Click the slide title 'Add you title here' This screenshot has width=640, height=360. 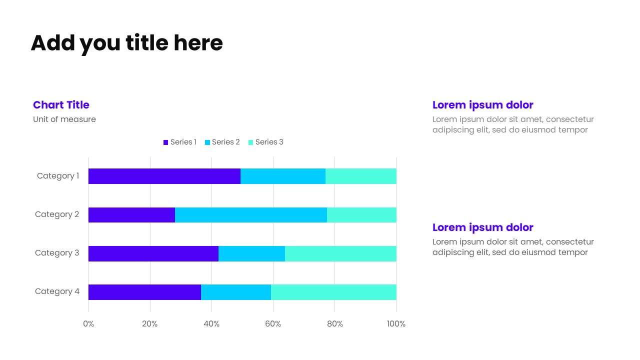click(x=126, y=43)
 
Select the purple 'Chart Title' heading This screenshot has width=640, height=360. click(x=61, y=105)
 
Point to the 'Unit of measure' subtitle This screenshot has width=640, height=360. click(x=64, y=119)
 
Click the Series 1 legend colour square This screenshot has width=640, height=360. click(x=166, y=142)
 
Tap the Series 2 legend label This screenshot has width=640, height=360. click(x=225, y=142)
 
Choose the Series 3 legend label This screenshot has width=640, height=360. click(x=269, y=142)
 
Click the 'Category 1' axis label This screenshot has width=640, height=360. click(x=58, y=176)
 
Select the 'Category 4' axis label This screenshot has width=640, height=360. click(x=57, y=291)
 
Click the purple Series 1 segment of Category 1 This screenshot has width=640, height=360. click(x=164, y=176)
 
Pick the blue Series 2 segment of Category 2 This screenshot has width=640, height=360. click(x=250, y=215)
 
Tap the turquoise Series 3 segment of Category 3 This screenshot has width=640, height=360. click(x=340, y=253)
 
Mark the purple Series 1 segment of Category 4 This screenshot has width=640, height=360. click(x=144, y=292)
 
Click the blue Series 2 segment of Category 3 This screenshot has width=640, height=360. click(x=251, y=253)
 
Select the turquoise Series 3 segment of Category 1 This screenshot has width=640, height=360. click(x=360, y=176)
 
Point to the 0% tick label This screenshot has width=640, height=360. click(x=88, y=324)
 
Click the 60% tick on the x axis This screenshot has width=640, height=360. click(x=273, y=324)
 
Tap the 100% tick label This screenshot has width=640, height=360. click(x=396, y=324)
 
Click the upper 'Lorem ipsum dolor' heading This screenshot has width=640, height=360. click(x=482, y=105)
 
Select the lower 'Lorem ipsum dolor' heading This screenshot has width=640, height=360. click(x=482, y=227)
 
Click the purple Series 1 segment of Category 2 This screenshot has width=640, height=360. click(x=131, y=215)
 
